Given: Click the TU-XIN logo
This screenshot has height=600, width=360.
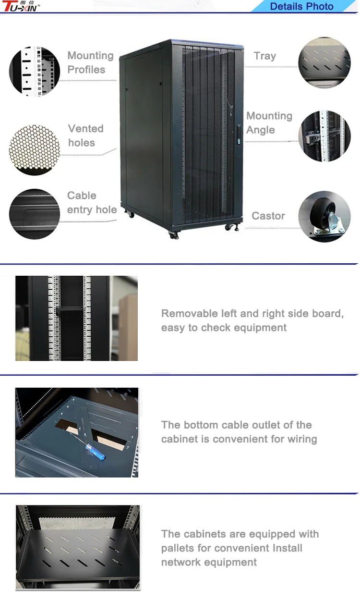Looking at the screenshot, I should click(x=21, y=6).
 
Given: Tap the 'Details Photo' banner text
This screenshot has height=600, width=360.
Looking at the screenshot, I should click(x=301, y=7).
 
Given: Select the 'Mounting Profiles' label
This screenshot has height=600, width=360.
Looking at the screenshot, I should click(x=90, y=62).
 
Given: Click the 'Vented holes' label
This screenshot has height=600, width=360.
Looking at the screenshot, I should click(x=85, y=135).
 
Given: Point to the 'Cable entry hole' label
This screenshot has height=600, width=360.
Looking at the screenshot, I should click(x=92, y=203).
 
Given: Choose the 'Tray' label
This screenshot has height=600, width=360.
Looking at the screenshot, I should click(x=265, y=56).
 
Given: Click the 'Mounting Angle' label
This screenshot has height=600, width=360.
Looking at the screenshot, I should click(x=269, y=123).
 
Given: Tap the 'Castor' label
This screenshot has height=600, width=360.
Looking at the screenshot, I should click(x=268, y=216).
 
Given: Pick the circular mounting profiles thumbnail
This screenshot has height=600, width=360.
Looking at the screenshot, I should click(x=35, y=71).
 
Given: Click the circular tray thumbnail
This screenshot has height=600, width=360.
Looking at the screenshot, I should click(x=324, y=62).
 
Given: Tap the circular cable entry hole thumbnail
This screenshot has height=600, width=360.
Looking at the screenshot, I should click(x=35, y=214).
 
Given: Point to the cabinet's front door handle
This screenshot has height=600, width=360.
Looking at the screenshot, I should click(x=239, y=134).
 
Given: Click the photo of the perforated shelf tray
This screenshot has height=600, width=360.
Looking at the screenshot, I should click(x=77, y=547).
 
